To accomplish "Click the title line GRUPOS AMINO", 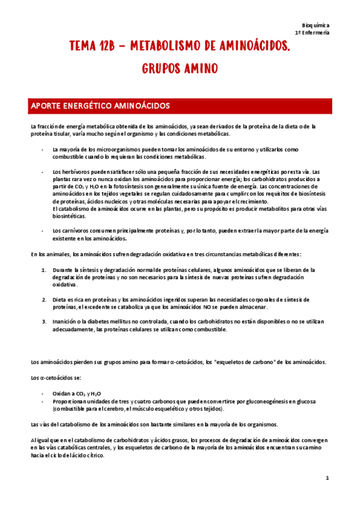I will click(x=180, y=69).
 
